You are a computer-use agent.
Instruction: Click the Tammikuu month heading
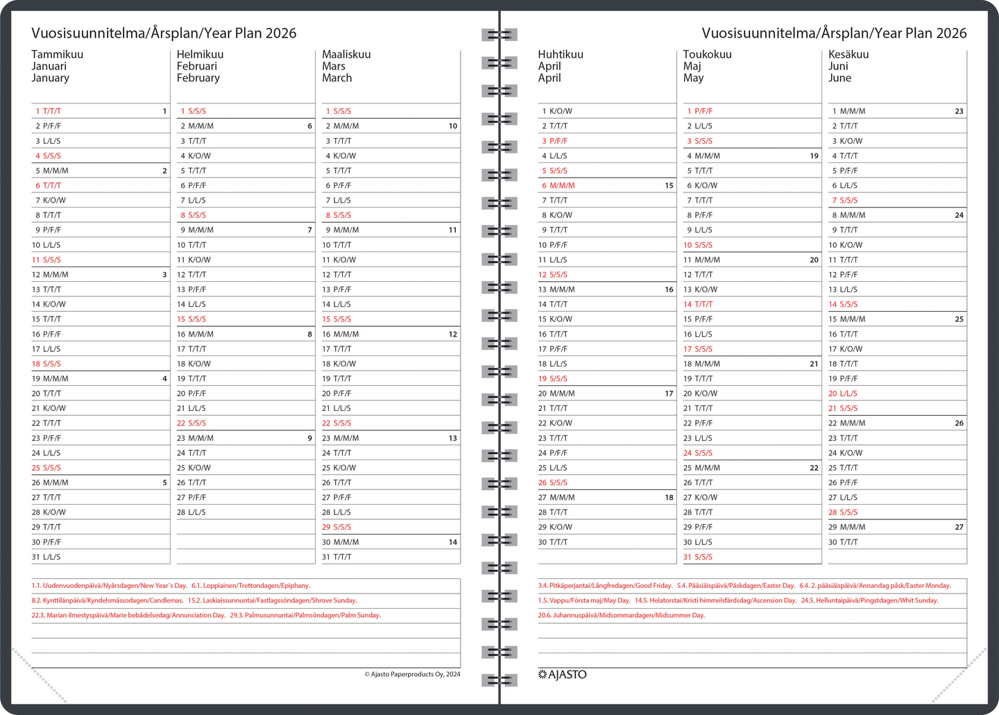[58, 54]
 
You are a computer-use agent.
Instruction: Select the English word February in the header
[198, 78]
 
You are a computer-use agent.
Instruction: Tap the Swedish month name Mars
[334, 66]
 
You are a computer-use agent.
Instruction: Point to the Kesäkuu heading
[848, 54]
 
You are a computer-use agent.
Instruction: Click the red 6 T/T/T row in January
[49, 185]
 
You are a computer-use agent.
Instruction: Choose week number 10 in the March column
[452, 126]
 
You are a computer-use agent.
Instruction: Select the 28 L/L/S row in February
[191, 512]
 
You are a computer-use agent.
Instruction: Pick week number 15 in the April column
[669, 185]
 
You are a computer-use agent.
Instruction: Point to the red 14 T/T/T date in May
[698, 304]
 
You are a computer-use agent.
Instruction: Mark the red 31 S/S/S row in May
[698, 557]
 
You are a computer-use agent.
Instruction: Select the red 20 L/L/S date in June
[843, 393]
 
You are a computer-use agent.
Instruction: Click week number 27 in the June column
[959, 527]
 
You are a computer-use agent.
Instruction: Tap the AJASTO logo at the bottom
[563, 674]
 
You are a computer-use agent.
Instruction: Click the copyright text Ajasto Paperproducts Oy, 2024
[412, 674]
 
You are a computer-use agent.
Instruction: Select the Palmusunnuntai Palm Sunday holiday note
[305, 615]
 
